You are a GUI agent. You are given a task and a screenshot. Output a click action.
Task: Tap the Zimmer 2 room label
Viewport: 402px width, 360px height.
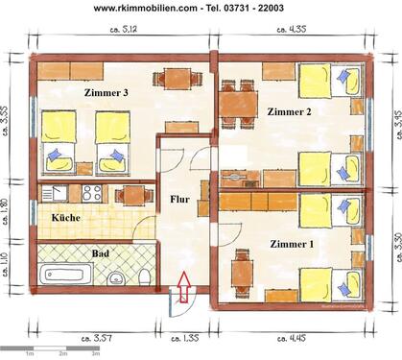point(290,113)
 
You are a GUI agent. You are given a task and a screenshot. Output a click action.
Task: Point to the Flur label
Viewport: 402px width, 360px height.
point(179,202)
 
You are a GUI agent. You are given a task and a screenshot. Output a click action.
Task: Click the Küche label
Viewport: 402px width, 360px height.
point(66,218)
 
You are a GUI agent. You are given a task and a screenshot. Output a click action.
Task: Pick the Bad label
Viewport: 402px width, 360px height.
point(100,253)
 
